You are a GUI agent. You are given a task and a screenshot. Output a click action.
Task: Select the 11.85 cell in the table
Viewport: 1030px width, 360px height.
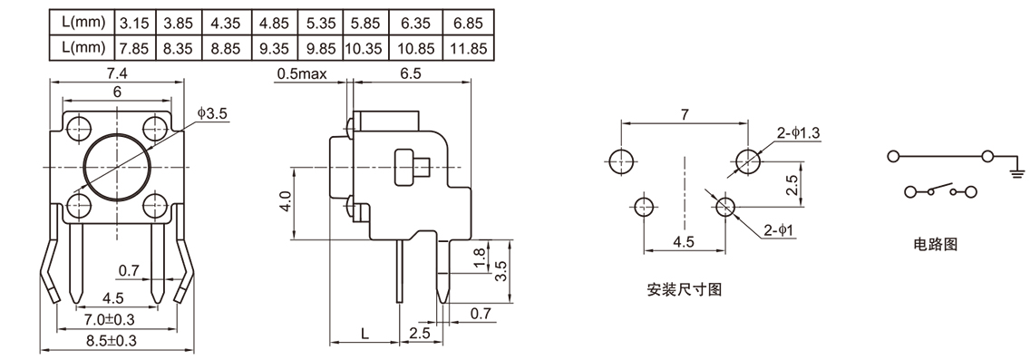tap(470, 47)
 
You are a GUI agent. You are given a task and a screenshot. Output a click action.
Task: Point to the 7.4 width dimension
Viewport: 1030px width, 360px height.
tap(118, 73)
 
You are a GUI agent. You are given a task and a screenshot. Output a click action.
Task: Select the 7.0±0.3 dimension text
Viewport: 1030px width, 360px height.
tap(110, 319)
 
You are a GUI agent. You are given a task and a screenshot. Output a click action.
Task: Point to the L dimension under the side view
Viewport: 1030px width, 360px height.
tap(364, 333)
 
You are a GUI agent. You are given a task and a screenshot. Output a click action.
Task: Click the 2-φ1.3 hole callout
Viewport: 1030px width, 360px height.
tap(798, 133)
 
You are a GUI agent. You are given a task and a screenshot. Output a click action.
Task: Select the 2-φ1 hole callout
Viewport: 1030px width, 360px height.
tap(779, 230)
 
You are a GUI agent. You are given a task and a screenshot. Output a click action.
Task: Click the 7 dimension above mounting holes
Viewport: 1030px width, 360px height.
tap(685, 114)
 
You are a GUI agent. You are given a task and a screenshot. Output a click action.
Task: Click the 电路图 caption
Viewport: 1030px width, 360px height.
tap(934, 244)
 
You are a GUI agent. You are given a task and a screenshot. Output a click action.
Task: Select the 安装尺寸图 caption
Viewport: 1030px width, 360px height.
tap(684, 290)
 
